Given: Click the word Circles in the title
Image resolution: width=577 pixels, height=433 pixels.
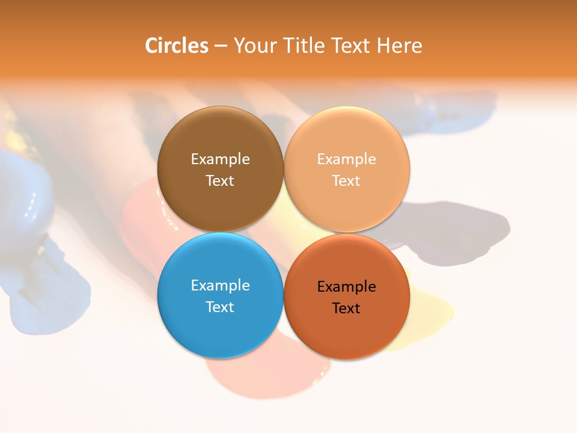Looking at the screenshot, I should point(176,46).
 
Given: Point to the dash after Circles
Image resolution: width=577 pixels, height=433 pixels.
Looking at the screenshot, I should point(221,46).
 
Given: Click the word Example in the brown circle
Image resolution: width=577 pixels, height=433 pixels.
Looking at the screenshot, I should point(220,159).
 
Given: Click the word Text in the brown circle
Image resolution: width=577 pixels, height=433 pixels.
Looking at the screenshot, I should point(220,180).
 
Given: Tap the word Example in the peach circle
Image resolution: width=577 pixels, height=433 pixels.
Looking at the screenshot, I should point(347,159).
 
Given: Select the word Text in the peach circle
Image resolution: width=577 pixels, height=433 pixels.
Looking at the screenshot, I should point(347,180).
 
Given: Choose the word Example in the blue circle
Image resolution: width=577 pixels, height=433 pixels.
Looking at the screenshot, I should point(220,285).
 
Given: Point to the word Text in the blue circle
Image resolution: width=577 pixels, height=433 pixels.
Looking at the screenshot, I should point(220,307).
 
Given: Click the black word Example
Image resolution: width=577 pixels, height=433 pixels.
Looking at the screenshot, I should point(347,286).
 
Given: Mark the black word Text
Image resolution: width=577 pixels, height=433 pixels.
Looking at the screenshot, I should point(347,308).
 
